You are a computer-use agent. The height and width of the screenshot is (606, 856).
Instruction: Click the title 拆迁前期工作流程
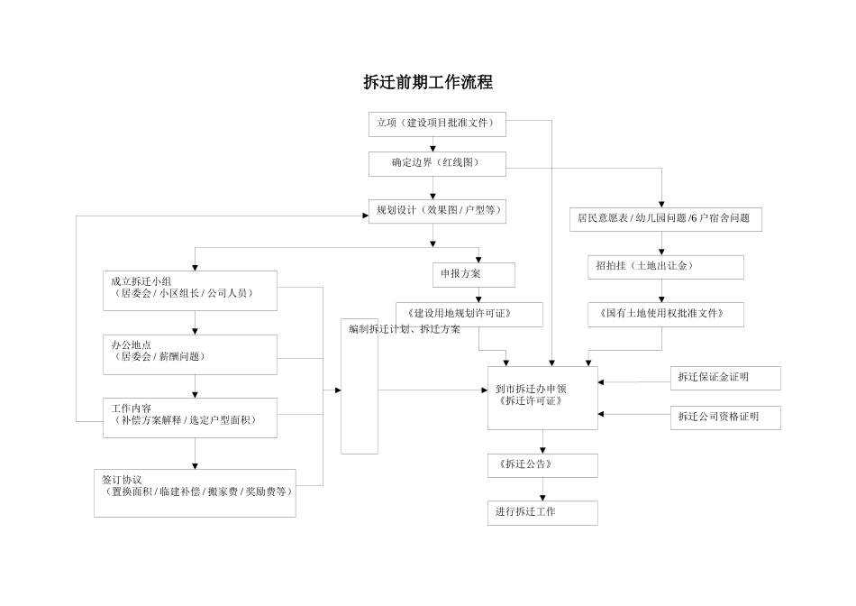tap(428, 82)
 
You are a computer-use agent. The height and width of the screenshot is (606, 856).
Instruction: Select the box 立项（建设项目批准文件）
tap(437, 124)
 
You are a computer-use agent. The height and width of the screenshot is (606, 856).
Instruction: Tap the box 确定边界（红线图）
tap(437, 164)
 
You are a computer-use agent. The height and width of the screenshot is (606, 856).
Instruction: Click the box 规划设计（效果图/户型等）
tap(437, 211)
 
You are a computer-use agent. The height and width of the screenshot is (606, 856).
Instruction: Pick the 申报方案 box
tap(473, 274)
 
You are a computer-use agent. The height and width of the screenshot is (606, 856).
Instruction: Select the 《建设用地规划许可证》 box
tap(469, 314)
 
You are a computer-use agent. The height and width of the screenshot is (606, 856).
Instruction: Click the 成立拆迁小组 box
tap(189, 288)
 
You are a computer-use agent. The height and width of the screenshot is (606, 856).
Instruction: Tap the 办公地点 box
tap(189, 353)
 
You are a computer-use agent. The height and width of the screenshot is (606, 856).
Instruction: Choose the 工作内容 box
tap(189, 417)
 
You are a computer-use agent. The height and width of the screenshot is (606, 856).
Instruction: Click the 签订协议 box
tap(195, 492)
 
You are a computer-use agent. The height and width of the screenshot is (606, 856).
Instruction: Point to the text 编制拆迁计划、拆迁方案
tap(405, 330)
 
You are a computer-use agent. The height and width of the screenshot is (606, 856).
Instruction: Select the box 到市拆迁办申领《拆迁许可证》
tap(542, 398)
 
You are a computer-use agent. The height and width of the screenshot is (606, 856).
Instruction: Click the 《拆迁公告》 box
tap(542, 465)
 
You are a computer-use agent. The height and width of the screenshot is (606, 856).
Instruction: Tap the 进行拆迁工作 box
tap(542, 512)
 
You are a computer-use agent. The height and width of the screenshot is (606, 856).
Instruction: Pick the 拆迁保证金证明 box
tap(725, 378)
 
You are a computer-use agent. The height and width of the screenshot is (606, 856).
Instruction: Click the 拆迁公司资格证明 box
tap(725, 418)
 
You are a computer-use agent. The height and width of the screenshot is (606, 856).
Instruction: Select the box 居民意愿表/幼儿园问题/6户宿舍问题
tap(665, 219)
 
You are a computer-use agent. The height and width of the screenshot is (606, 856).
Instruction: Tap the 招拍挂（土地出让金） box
tap(665, 267)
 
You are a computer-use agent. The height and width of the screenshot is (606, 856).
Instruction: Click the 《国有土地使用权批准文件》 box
tap(666, 314)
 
